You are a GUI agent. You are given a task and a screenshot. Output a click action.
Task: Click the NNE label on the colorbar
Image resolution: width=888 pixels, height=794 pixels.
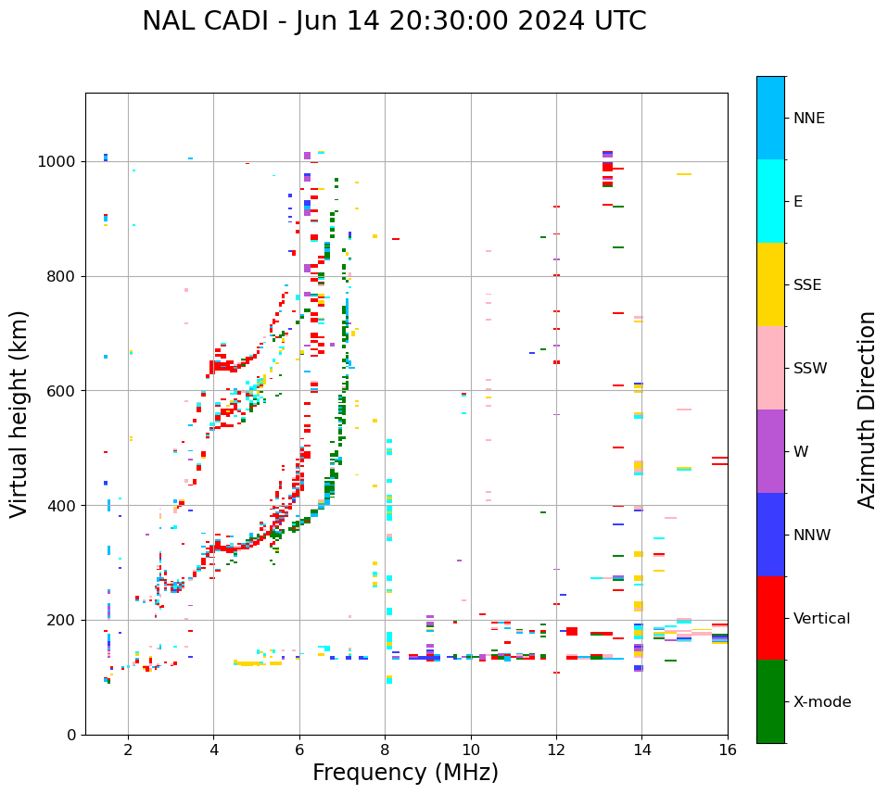[809, 119]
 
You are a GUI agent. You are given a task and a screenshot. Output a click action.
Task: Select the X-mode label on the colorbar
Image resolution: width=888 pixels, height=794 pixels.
[822, 702]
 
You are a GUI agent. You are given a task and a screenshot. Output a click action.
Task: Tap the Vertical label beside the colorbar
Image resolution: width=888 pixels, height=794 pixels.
[821, 619]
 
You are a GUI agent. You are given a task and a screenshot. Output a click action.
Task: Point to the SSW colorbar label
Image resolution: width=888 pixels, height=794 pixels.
[810, 369]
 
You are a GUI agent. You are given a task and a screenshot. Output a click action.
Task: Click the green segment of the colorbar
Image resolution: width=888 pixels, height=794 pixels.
[770, 701]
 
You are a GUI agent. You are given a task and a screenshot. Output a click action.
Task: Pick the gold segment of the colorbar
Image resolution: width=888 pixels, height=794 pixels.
[770, 284]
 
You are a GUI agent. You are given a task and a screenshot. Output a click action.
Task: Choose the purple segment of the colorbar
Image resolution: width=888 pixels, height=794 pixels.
[770, 451]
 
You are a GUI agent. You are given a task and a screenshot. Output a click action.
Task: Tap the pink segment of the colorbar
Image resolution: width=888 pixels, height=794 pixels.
[770, 368]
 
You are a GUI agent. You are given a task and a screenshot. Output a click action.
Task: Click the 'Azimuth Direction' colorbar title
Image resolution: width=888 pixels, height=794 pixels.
[867, 410]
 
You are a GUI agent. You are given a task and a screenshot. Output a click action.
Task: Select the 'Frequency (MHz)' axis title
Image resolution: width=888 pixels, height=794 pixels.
[405, 773]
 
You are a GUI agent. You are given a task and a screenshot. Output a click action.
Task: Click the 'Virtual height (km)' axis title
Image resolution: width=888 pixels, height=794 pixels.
[19, 414]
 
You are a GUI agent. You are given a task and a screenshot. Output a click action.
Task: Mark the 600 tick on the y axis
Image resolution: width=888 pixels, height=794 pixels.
[63, 391]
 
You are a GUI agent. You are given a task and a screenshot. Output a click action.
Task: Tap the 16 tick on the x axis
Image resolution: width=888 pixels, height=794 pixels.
[728, 750]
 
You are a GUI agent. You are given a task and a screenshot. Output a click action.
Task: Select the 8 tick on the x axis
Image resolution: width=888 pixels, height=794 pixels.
[385, 750]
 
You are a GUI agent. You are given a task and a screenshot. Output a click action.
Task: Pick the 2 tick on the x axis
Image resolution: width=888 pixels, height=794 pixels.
[128, 750]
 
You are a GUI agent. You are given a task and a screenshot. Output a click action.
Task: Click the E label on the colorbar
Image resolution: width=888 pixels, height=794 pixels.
[798, 202]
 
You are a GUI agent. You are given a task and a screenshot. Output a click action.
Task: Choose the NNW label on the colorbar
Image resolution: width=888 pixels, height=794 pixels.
[812, 536]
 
